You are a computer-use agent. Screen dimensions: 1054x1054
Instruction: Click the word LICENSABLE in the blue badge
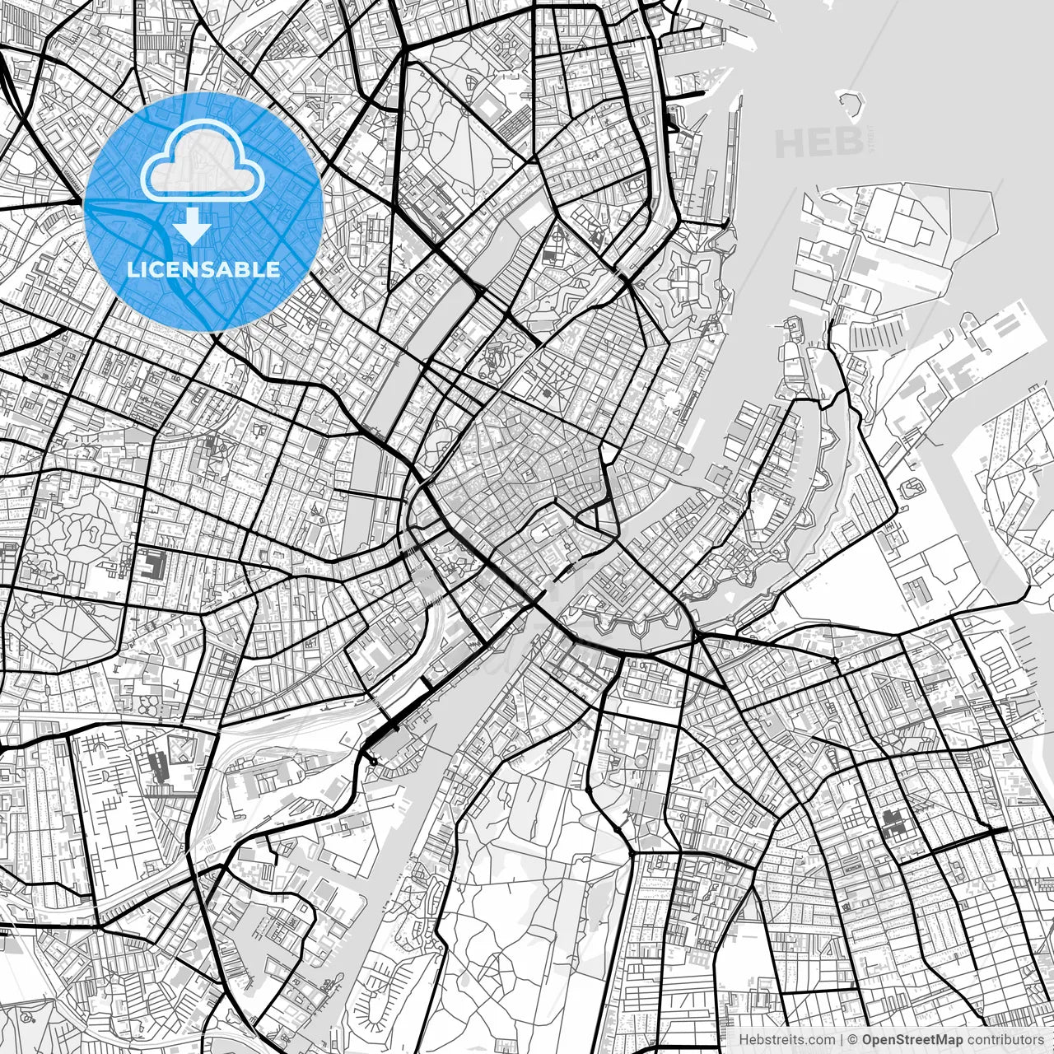(x=203, y=269)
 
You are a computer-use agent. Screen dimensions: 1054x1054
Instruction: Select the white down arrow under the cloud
(x=193, y=226)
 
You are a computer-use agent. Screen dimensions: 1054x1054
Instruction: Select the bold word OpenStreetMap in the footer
(x=912, y=1040)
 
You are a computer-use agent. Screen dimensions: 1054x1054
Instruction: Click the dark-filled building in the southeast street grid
(x=893, y=822)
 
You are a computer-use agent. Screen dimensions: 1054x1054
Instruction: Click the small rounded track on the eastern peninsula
(x=912, y=488)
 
